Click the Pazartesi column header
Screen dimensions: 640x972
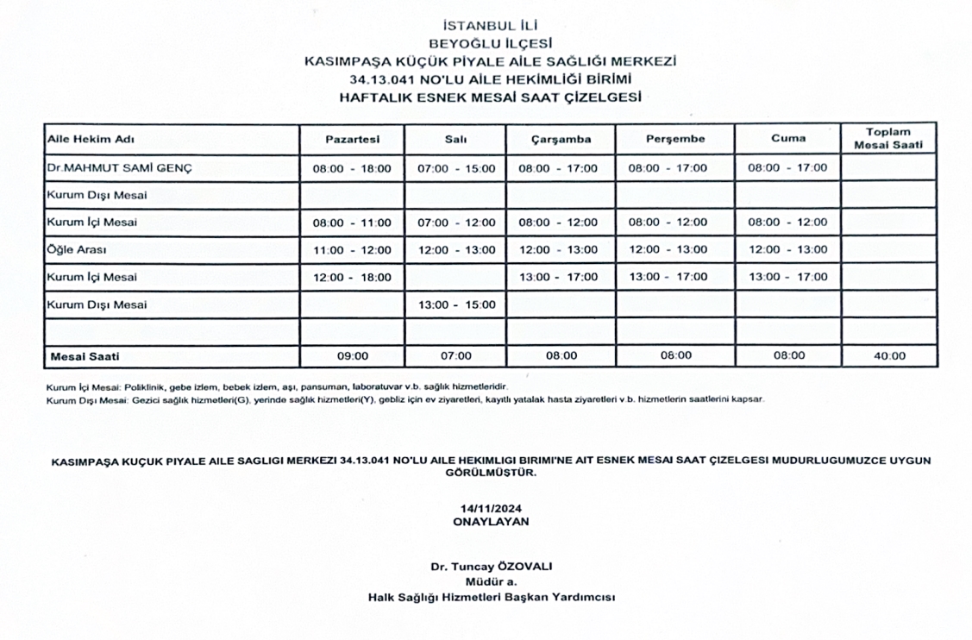(352, 140)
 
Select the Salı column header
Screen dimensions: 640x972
(455, 140)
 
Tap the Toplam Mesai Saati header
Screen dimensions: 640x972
(887, 139)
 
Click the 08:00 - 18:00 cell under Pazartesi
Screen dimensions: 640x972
(352, 168)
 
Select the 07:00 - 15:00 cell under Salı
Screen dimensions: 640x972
(455, 168)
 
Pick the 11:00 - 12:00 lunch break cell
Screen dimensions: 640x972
(352, 250)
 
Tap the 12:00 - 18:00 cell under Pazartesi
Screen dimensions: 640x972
(352, 278)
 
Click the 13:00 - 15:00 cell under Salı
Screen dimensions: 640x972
(455, 304)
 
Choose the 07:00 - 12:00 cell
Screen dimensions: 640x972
(455, 223)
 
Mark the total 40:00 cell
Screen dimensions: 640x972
(887, 355)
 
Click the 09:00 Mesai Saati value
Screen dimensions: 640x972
(352, 355)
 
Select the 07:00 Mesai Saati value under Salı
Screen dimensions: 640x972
(455, 355)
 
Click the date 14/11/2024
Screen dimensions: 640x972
(491, 510)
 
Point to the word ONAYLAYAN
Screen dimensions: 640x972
(491, 522)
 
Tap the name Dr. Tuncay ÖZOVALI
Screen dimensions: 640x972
(491, 567)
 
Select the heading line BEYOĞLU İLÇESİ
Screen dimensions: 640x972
(491, 43)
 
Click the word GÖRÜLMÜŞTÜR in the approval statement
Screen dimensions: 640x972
(491, 473)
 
